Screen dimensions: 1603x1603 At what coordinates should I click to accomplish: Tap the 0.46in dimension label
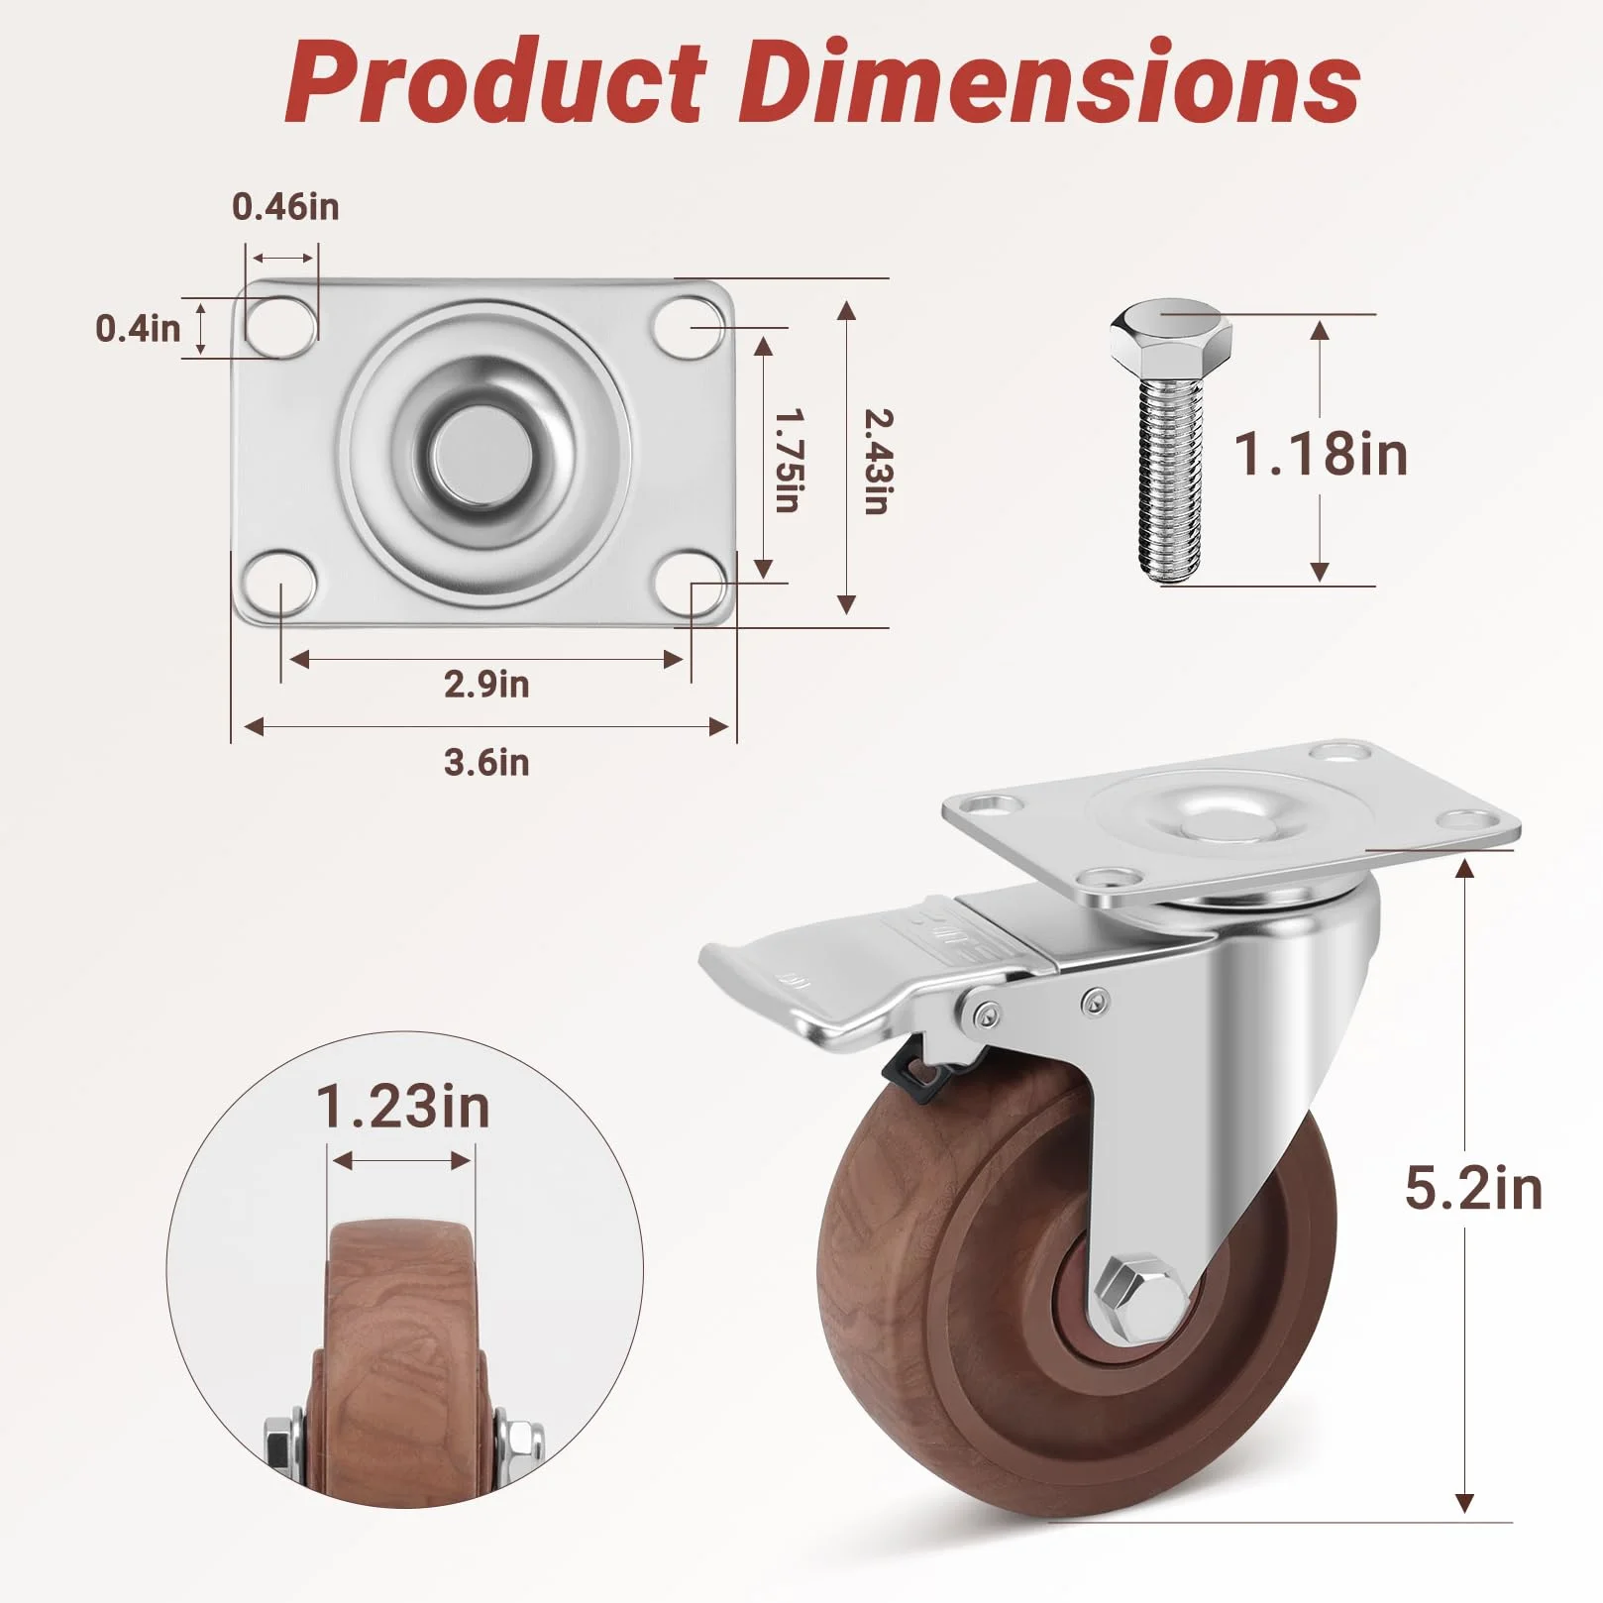tap(285, 206)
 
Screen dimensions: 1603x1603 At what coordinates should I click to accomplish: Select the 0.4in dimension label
tap(138, 328)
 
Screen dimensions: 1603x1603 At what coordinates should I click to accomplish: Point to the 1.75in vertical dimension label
tap(788, 460)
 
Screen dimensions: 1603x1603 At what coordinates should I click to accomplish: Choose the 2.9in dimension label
tap(486, 684)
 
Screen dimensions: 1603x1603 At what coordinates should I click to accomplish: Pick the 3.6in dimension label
tap(486, 762)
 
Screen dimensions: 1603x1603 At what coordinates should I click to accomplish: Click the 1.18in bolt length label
tap(1321, 454)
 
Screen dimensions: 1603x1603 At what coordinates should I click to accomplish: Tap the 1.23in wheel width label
tap(403, 1106)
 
